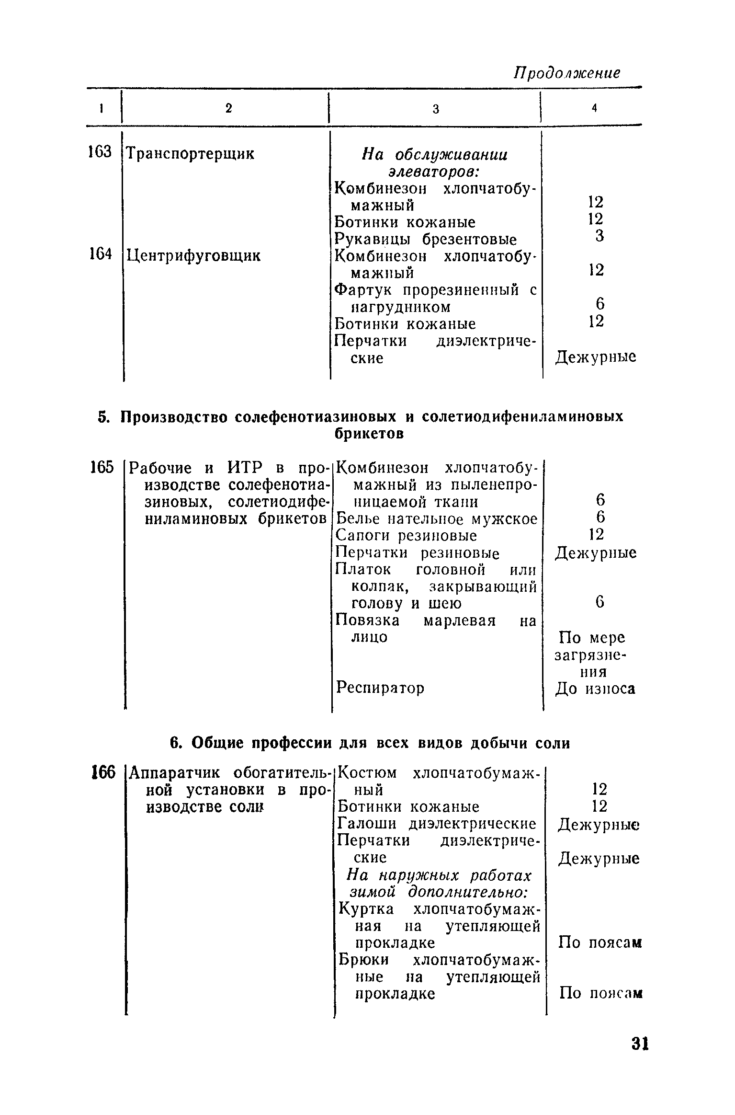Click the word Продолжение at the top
tap(567, 73)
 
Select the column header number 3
tap(435, 110)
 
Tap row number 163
tap(100, 152)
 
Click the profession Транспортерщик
tap(190, 154)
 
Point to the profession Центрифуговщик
tap(193, 256)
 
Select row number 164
tap(100, 254)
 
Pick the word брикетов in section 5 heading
tap(368, 434)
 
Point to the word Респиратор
tap(380, 688)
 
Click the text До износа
tap(595, 689)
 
